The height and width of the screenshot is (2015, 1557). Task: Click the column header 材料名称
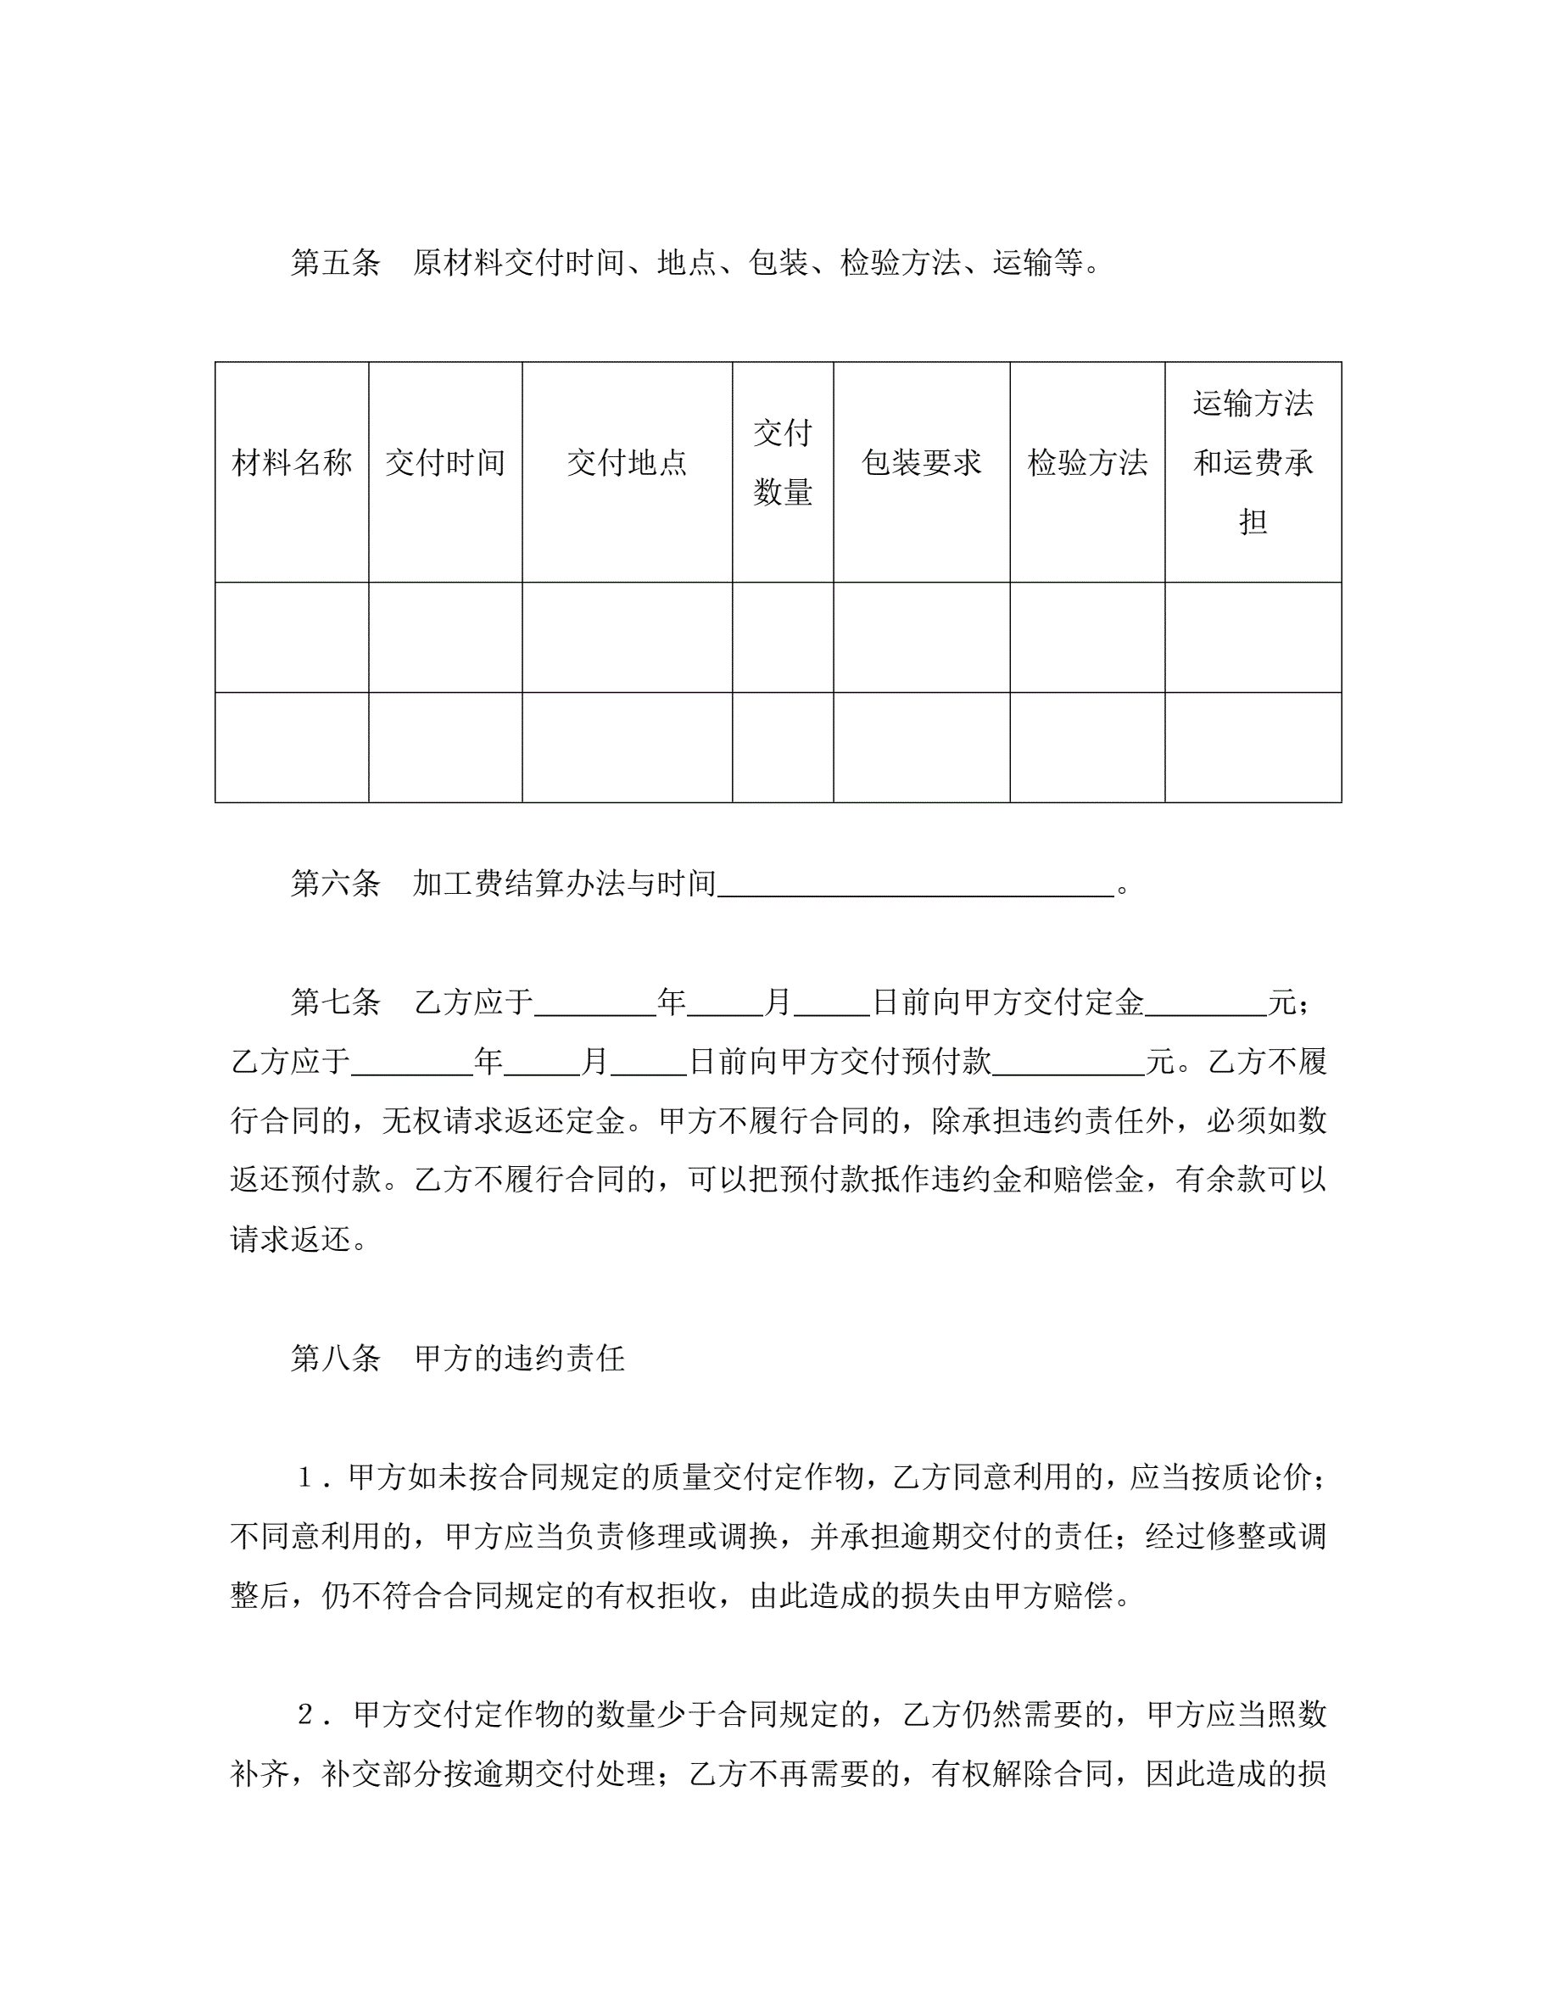coord(292,462)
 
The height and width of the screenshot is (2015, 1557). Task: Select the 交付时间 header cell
coord(444,462)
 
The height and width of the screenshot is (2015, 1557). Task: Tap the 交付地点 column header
coord(627,462)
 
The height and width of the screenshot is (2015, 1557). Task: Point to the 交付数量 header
coord(782,462)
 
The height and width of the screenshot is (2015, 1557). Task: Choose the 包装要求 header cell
coord(921,462)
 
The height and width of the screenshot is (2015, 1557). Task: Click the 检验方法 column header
coord(1086,462)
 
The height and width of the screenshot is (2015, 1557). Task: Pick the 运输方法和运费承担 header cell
coord(1252,462)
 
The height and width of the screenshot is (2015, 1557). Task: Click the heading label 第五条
coord(335,263)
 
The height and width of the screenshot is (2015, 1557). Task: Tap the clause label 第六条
coord(335,884)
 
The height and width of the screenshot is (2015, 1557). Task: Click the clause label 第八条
coord(335,1358)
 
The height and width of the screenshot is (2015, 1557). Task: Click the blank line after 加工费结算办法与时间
coord(915,888)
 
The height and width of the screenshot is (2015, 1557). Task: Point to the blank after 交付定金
coord(1206,1006)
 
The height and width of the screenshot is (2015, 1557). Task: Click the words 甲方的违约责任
coord(519,1358)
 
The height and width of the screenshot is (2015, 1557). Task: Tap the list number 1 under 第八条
coord(305,1478)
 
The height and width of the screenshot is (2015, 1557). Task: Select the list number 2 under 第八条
coord(305,1714)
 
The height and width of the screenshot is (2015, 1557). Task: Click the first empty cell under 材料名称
coord(292,637)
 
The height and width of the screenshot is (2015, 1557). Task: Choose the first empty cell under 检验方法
coord(1086,637)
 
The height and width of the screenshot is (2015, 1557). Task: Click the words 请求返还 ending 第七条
coord(291,1239)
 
